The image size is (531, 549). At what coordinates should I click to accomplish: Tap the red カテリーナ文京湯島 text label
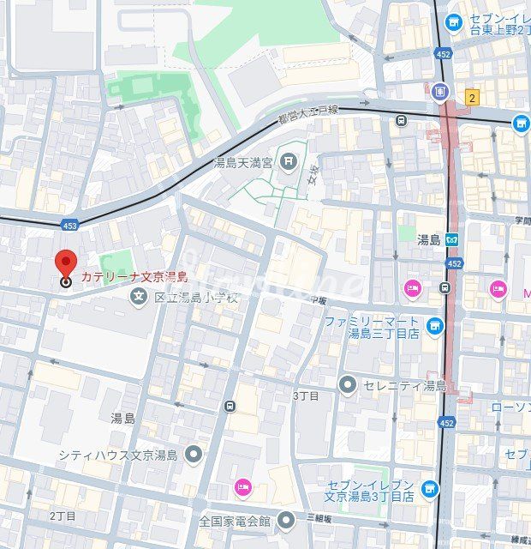point(134,276)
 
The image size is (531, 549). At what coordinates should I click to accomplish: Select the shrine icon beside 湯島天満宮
point(289,160)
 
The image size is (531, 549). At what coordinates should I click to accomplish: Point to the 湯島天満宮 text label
point(243,162)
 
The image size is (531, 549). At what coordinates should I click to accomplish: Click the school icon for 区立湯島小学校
point(138,298)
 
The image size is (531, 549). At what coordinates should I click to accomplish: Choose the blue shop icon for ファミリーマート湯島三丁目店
point(436,326)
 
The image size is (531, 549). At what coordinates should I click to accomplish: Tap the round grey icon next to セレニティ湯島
point(347,384)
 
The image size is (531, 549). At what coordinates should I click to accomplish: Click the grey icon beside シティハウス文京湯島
point(194,455)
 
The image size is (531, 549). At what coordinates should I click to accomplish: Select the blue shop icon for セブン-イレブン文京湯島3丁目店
point(430,490)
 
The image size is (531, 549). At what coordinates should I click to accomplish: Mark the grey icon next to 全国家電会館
point(287,520)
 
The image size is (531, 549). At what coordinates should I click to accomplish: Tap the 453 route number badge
point(71,226)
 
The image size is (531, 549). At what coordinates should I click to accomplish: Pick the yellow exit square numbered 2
point(472,98)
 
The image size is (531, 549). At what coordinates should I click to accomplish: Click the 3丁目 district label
point(306,395)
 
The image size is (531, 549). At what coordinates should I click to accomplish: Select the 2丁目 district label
point(62,516)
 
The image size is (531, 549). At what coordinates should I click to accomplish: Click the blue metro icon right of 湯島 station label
point(451,239)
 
